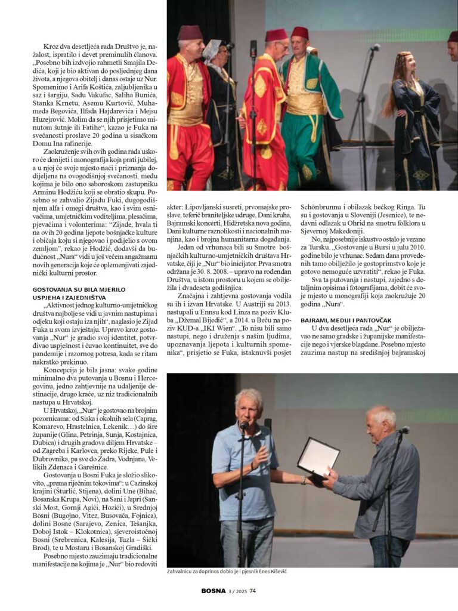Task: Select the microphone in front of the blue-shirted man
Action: tap(243, 425)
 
